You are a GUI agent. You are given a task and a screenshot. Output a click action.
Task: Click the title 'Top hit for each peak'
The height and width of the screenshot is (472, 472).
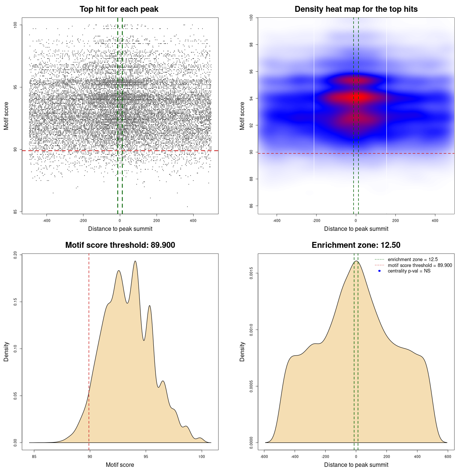[119, 9]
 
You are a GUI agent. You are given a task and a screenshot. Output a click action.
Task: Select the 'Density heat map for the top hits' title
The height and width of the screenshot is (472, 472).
[356, 9]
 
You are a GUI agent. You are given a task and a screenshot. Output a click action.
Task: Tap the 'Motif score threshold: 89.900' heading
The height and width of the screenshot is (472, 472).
[120, 245]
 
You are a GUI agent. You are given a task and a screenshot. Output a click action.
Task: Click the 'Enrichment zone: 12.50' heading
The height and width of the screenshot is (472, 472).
[356, 245]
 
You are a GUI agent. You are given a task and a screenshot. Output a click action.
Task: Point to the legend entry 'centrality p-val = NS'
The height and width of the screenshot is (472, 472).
[409, 271]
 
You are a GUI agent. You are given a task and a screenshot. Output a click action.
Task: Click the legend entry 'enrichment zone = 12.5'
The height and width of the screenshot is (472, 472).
[413, 260]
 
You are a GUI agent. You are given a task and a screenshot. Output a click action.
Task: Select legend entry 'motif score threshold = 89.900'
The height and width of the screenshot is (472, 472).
[420, 265]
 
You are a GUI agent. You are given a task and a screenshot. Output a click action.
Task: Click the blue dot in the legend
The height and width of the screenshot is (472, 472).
[379, 271]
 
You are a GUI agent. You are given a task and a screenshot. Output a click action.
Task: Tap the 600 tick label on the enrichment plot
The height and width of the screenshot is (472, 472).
[448, 457]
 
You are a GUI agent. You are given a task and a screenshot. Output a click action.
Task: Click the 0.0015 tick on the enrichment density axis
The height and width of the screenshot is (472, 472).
[251, 273]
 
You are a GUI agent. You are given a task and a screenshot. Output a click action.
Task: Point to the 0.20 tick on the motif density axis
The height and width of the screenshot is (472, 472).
[15, 255]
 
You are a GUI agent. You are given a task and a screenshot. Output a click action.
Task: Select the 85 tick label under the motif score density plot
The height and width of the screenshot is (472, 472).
[34, 457]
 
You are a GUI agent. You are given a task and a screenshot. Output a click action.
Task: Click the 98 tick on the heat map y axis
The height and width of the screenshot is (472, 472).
[251, 45]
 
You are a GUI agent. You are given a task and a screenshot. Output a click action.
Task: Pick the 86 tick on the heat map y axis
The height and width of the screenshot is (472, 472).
[251, 206]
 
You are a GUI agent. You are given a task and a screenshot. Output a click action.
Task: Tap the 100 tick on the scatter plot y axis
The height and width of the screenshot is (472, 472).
[15, 25]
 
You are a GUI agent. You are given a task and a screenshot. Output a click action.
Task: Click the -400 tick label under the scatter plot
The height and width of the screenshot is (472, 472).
[46, 221]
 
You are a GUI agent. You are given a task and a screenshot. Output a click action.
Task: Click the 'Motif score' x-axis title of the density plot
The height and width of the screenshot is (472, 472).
[120, 465]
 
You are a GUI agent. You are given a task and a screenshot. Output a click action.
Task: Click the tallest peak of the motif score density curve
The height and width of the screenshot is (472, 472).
[135, 261]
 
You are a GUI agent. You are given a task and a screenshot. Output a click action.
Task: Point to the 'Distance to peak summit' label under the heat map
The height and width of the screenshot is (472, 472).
[356, 229]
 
